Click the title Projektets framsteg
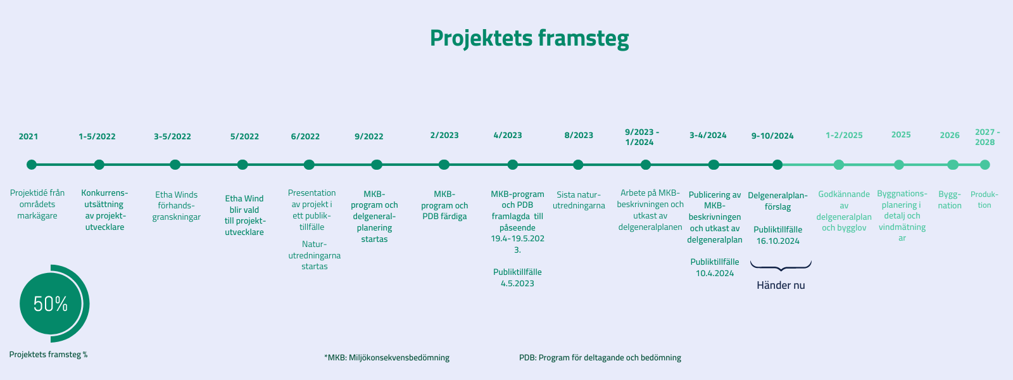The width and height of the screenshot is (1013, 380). tap(529, 39)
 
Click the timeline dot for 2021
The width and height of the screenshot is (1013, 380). tap(31, 165)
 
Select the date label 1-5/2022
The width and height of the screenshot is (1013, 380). tap(97, 137)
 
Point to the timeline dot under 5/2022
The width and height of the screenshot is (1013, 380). tap(242, 165)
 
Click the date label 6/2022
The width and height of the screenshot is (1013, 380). tap(305, 137)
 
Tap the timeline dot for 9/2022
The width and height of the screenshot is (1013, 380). tap(376, 165)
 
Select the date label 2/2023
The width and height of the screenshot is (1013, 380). tap(444, 136)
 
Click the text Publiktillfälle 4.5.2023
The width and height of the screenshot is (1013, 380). tap(517, 278)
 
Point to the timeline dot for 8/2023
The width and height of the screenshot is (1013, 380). tap(578, 165)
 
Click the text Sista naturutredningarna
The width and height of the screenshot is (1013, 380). tap(579, 200)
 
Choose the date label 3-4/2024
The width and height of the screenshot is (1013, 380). tap(708, 136)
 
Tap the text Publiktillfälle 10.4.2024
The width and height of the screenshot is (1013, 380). tap(715, 267)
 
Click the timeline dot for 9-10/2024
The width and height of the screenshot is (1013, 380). tap(777, 165)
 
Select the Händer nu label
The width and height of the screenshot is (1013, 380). tap(781, 286)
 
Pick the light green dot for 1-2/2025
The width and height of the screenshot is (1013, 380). tap(838, 165)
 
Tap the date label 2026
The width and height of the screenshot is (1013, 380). tap(950, 136)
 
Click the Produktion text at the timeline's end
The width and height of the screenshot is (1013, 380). tap(985, 199)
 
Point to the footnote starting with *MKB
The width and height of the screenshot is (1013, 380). tap(387, 357)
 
